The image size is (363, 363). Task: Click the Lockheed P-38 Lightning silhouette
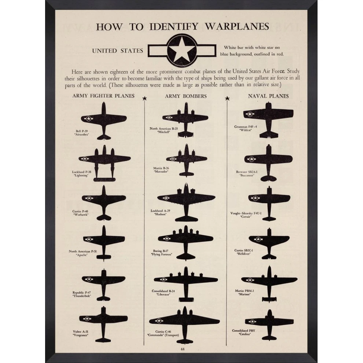pos(104,160)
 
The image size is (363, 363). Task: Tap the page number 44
pos(183,349)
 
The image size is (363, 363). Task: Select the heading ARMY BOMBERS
pos(186,96)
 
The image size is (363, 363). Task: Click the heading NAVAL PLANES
pos(268,96)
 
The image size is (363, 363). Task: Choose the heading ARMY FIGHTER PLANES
pos(103,96)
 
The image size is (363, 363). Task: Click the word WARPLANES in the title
pos(236,26)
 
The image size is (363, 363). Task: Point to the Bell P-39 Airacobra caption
pos(82,133)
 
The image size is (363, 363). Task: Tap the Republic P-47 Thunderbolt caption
pos(81,294)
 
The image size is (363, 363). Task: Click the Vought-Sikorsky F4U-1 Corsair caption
pos(246,215)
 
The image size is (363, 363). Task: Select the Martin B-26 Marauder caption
pos(161,170)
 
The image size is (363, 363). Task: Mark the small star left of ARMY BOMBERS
pos(145,98)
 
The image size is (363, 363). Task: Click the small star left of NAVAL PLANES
pos(227,98)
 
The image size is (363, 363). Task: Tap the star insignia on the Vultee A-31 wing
pos(87,319)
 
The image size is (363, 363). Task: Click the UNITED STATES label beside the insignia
pos(118,51)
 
